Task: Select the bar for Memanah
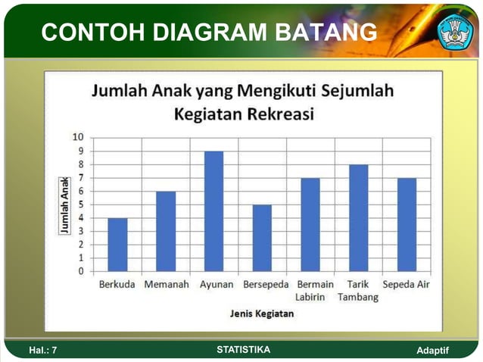tap(166, 231)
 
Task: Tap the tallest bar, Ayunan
tap(213, 211)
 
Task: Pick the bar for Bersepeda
tap(262, 238)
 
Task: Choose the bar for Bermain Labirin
tap(310, 224)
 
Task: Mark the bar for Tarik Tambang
tap(358, 217)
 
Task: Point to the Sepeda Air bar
tap(407, 224)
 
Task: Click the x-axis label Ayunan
tap(217, 285)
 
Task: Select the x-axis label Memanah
tap(166, 285)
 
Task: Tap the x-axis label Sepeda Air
tap(407, 285)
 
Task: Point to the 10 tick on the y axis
tap(78, 138)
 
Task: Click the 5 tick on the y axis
tap(80, 204)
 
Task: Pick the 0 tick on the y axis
tap(80, 270)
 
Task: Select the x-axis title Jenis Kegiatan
tap(261, 313)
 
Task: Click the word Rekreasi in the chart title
tap(277, 114)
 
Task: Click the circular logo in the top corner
tap(455, 31)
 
